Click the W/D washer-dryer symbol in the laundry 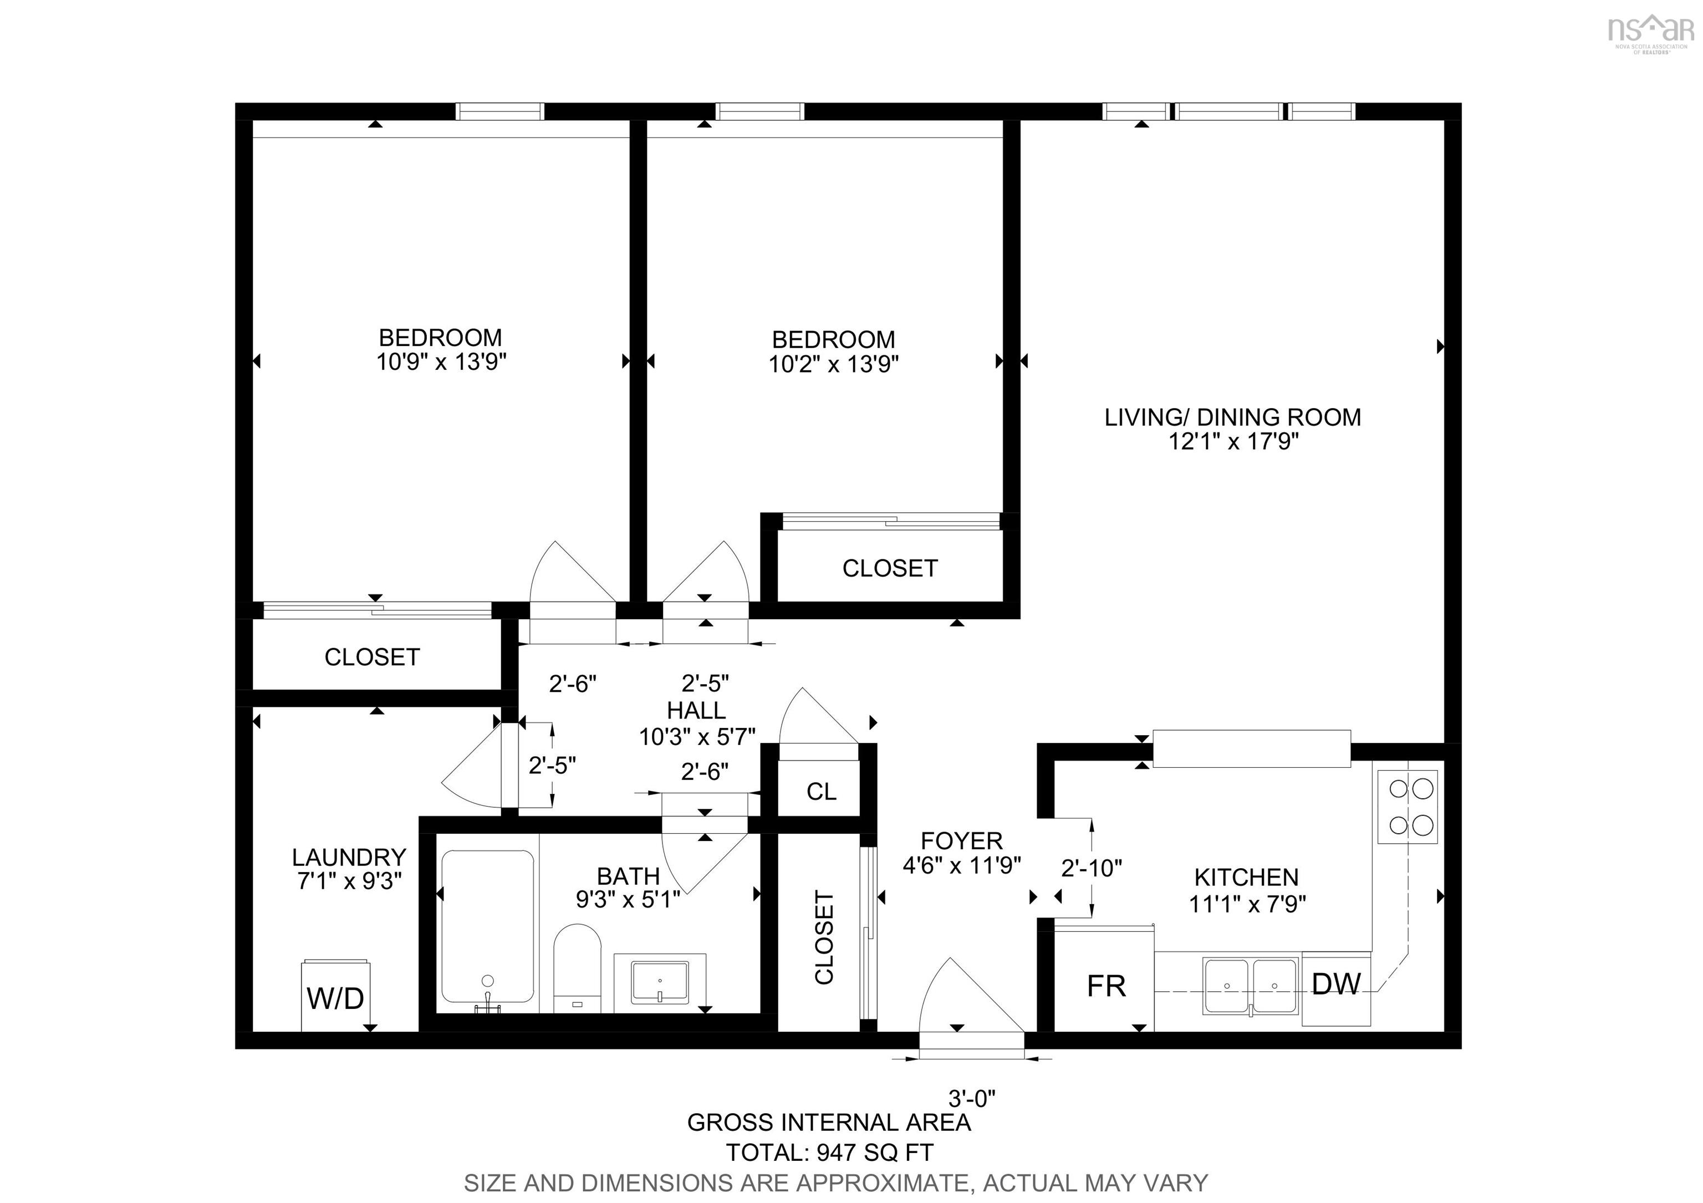click(x=335, y=996)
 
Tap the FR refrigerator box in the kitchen click(x=1105, y=985)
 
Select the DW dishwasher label click(x=1336, y=983)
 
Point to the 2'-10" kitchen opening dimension click(x=1091, y=867)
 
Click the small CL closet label click(x=821, y=791)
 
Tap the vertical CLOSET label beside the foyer click(x=824, y=937)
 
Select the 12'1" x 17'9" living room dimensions click(x=1233, y=442)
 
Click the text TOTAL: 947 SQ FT click(x=829, y=1153)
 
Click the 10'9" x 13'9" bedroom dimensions click(x=441, y=362)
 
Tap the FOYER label click(x=961, y=840)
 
